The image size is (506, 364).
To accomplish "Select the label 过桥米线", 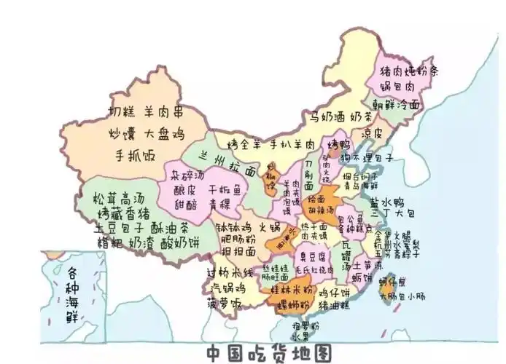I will pos(229,272).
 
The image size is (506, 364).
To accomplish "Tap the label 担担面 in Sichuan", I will pos(238,250).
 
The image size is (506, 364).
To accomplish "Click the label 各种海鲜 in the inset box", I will pos(72,288).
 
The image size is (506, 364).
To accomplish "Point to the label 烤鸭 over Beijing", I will pos(339,143).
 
